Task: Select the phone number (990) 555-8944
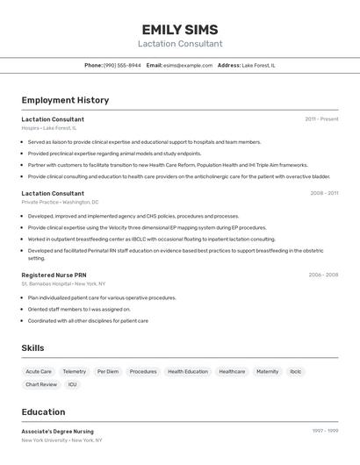tap(122, 65)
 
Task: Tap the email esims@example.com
tap(188, 65)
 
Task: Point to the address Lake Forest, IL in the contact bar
tap(258, 65)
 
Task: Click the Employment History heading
tap(65, 100)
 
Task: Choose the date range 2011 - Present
tap(321, 119)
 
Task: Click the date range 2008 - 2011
tap(324, 193)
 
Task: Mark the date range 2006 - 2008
tap(323, 275)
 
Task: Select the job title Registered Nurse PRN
tap(54, 275)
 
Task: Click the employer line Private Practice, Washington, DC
tap(60, 202)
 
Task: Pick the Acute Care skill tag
tap(39, 371)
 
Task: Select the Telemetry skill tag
tap(75, 371)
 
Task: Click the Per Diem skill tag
tap(108, 371)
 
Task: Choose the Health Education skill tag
tap(188, 371)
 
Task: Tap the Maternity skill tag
tap(267, 371)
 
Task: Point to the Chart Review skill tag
tap(41, 384)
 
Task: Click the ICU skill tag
tap(72, 384)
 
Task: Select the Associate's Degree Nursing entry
tap(57, 432)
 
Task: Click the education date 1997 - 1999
tap(325, 431)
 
